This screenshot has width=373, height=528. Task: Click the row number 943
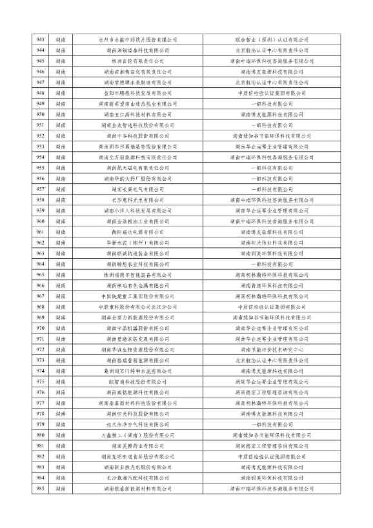coord(41,40)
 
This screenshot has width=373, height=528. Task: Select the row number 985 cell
coord(41,489)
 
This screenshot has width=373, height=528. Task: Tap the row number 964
coord(41,264)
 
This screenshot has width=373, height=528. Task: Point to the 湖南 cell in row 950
coord(61,114)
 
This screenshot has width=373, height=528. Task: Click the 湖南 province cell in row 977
coord(61,403)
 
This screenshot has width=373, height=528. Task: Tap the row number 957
coord(41,189)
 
